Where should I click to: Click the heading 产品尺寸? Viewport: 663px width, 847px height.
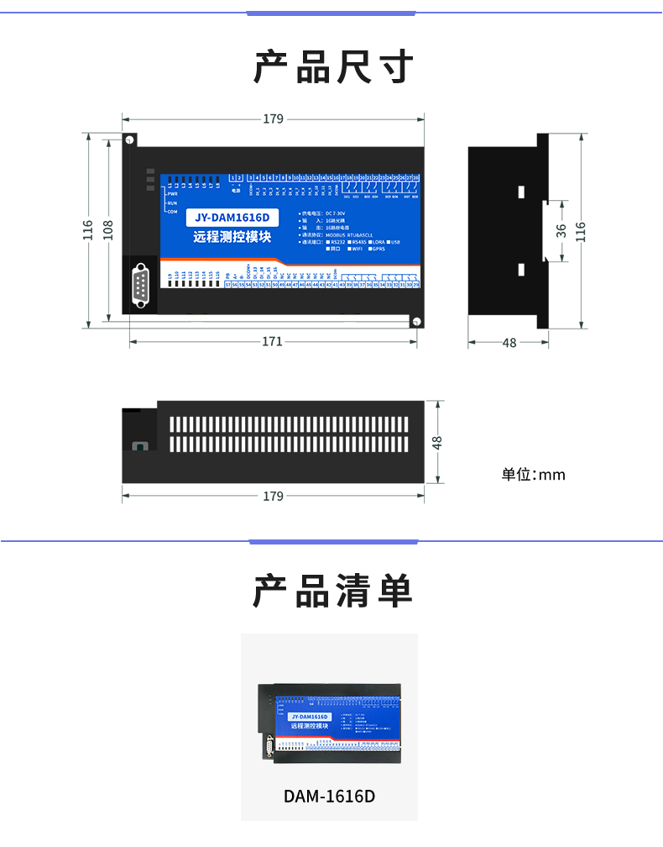(x=333, y=66)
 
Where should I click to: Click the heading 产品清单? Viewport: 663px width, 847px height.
(x=333, y=592)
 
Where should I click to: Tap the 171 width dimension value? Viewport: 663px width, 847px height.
(x=272, y=342)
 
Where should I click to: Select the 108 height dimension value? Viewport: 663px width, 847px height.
(x=108, y=229)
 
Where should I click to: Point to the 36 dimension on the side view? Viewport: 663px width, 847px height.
(x=561, y=229)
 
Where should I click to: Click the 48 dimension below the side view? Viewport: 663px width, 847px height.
(x=509, y=343)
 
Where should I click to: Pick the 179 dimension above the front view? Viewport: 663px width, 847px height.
(x=273, y=119)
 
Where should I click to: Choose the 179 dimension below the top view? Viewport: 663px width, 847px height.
(x=273, y=497)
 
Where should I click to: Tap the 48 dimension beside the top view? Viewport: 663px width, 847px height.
(x=436, y=442)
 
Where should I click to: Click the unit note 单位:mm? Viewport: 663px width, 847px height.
(x=534, y=475)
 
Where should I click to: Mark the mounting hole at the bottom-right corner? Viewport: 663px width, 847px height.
(x=415, y=321)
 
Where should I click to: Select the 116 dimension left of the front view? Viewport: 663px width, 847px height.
(x=88, y=229)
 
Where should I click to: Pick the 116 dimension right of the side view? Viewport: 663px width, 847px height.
(x=580, y=229)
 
